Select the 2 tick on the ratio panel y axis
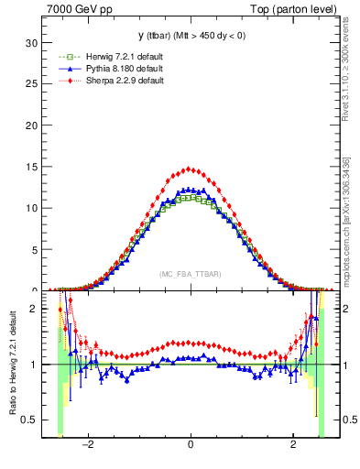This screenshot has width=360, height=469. coord(34,309)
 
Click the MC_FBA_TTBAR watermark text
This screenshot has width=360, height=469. coord(190,275)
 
